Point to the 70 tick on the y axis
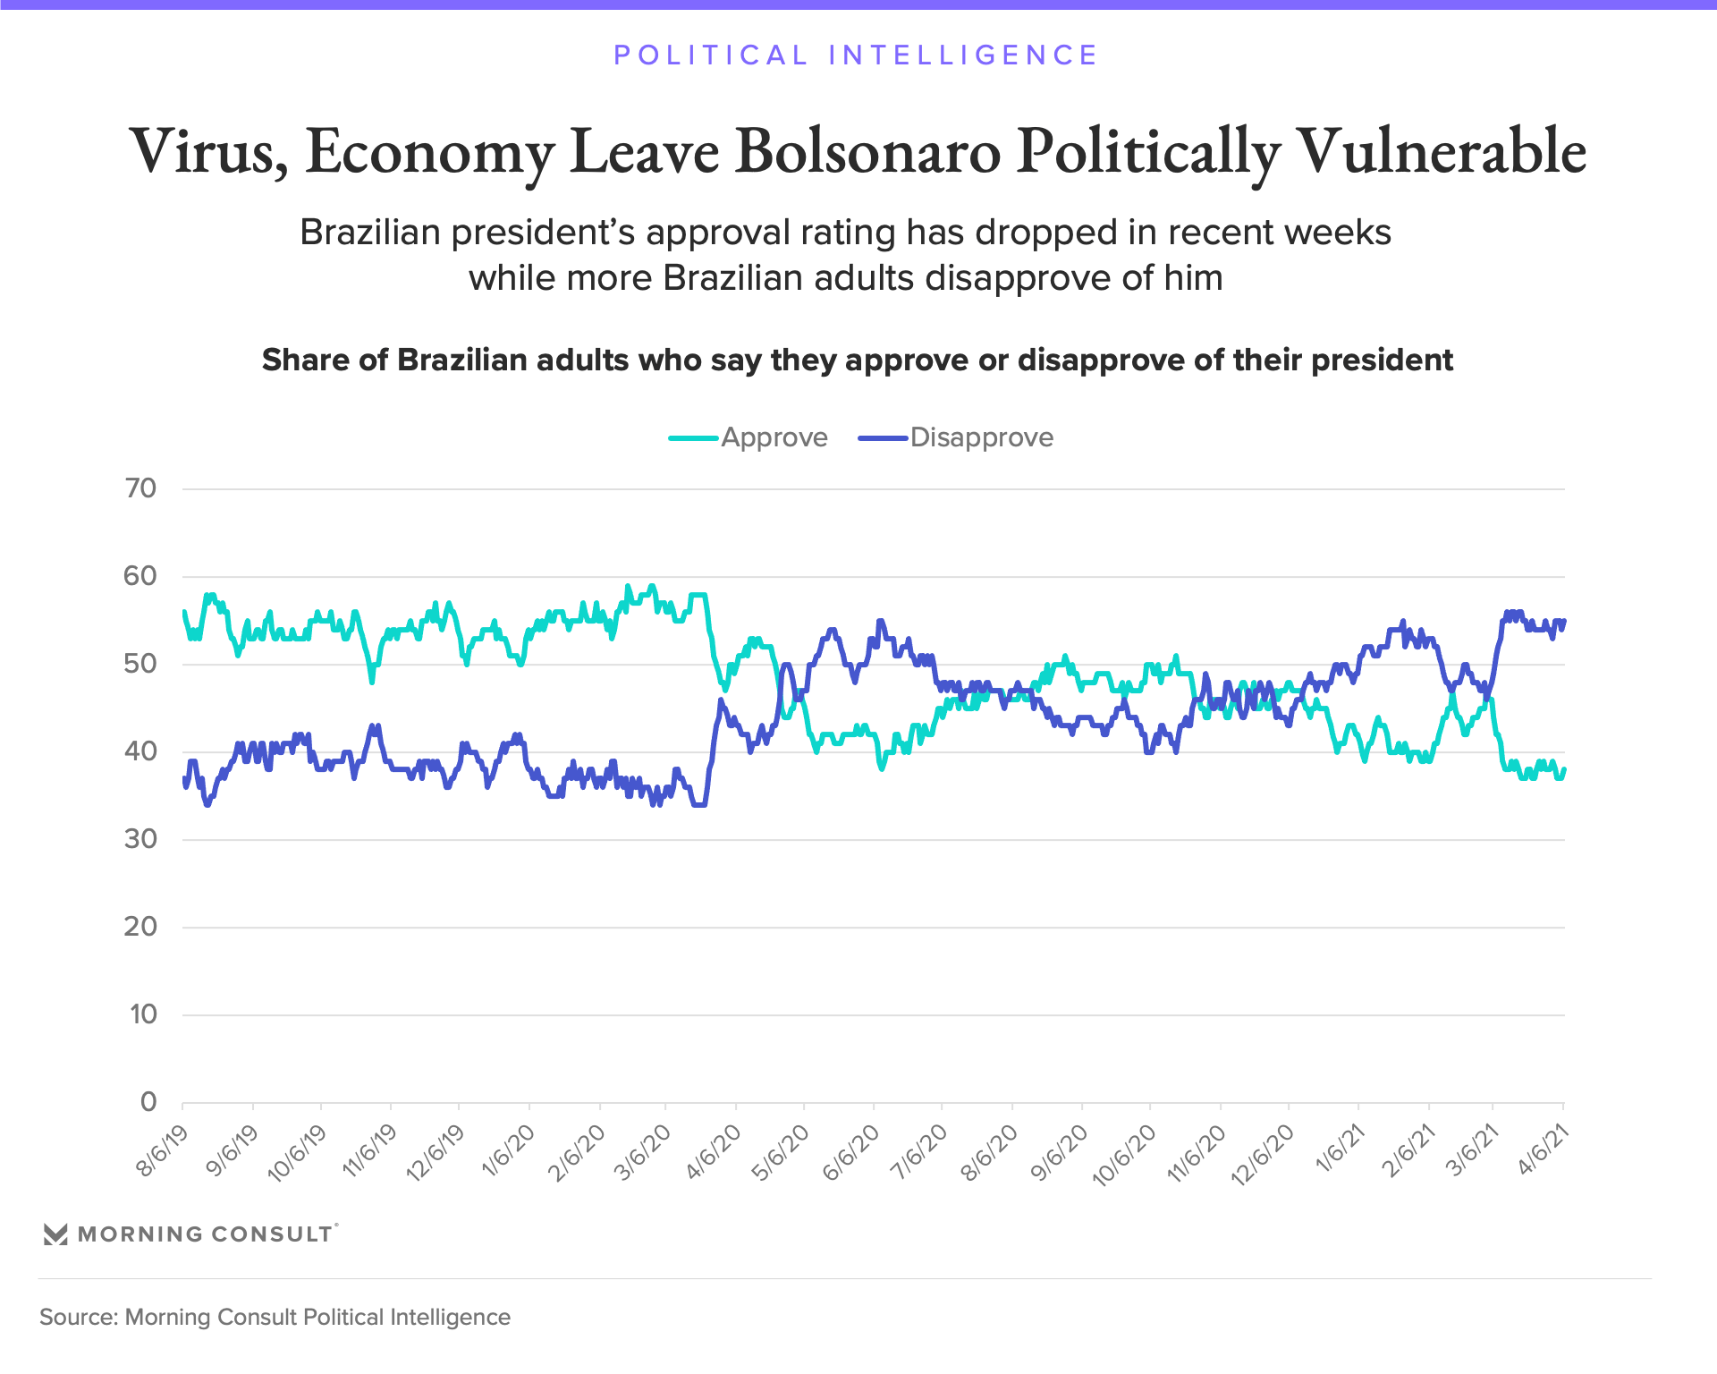[141, 488]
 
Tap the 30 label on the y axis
[141, 839]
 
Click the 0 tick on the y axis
[148, 1102]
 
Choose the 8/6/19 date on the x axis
[164, 1151]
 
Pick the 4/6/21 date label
[1544, 1151]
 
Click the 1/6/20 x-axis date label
[509, 1151]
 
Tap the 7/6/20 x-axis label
[922, 1151]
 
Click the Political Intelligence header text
[856, 55]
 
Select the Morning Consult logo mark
[55, 1234]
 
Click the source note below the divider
[275, 1317]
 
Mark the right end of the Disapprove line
[1564, 622]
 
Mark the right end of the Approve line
[1564, 769]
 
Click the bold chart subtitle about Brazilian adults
[857, 360]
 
